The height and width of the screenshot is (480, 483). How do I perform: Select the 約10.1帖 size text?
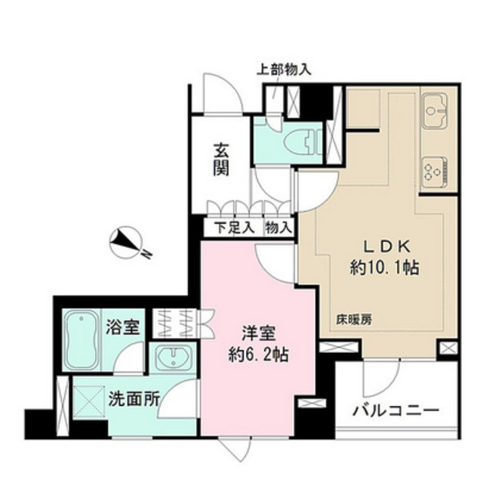385,267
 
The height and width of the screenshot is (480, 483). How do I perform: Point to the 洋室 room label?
257,332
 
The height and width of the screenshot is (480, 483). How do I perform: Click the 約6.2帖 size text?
257,351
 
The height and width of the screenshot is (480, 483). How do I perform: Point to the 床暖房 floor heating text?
352,319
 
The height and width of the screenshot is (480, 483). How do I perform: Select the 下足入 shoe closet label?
232,227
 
